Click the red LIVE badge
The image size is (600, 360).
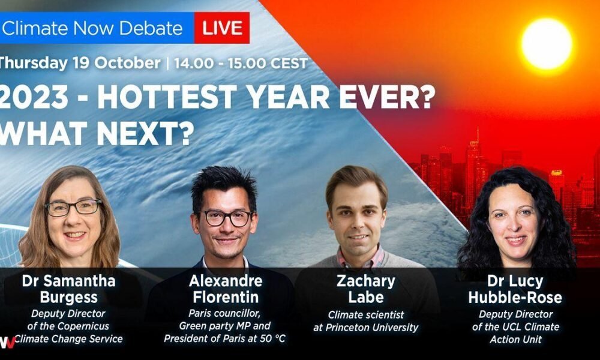point(222,28)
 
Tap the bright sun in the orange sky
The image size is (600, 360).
point(547,44)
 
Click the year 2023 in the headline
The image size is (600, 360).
point(34,97)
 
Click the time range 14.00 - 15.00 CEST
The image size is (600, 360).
point(241,63)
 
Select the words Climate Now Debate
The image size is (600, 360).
point(92,28)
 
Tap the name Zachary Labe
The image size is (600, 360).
point(366,289)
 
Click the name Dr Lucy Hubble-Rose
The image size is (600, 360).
point(515,289)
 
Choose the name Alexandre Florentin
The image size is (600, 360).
point(226,289)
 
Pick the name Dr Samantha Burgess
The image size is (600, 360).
point(69,289)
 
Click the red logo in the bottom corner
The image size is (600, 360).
point(7,342)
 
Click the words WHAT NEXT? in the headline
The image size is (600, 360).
point(95,134)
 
